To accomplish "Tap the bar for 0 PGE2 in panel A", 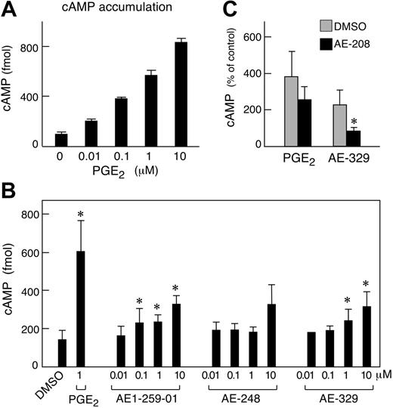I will pyautogui.click(x=61, y=139).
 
